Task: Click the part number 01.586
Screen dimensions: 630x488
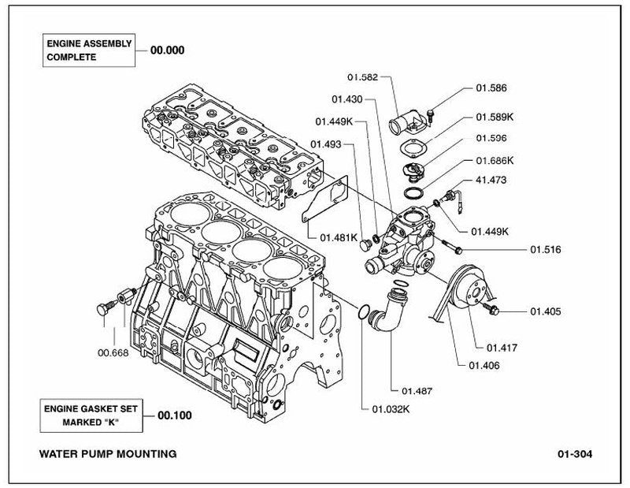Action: pyautogui.click(x=491, y=88)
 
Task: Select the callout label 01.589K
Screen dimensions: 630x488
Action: pyautogui.click(x=495, y=117)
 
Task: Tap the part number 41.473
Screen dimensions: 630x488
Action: pyautogui.click(x=491, y=180)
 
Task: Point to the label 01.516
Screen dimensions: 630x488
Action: pyautogui.click(x=546, y=249)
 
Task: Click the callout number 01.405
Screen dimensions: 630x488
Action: pyautogui.click(x=546, y=311)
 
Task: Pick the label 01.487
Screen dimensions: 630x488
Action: pyautogui.click(x=417, y=391)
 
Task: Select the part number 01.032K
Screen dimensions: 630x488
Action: pyautogui.click(x=391, y=409)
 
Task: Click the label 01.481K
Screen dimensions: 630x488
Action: pyautogui.click(x=339, y=237)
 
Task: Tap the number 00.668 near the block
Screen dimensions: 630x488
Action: pyautogui.click(x=113, y=353)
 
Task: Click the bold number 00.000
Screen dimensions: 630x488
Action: pyautogui.click(x=168, y=50)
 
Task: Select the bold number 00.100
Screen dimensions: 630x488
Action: pyautogui.click(x=175, y=415)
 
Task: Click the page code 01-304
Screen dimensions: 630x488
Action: pyautogui.click(x=575, y=454)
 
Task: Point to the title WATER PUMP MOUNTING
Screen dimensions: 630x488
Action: pyautogui.click(x=108, y=454)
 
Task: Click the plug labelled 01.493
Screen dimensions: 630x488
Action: pyautogui.click(x=365, y=245)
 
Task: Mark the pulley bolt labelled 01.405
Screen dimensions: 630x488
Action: pyautogui.click(x=491, y=308)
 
